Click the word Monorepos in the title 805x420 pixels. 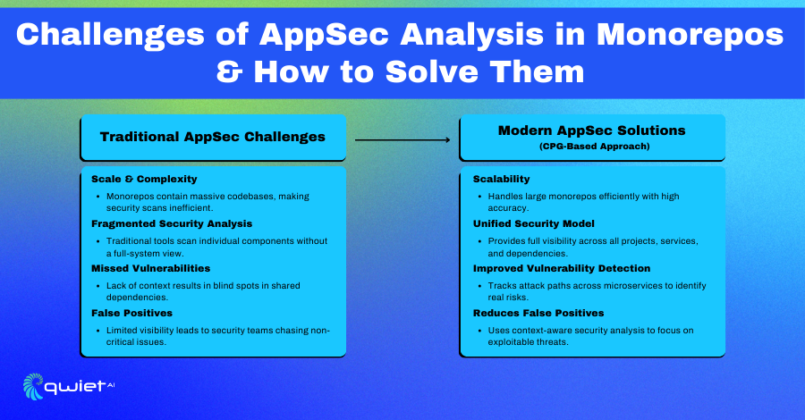(690, 36)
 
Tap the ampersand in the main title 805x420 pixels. (229, 71)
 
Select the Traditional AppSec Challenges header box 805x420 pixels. (213, 137)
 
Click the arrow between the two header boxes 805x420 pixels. (402, 139)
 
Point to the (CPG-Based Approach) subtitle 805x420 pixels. (595, 147)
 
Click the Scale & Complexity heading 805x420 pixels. (144, 179)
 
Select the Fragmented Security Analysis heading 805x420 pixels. (172, 223)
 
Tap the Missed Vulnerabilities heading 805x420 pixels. (151, 268)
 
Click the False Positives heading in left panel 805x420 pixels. (132, 313)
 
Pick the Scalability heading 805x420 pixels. (501, 179)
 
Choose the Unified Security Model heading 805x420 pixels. (534, 223)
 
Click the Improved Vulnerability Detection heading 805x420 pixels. (562, 268)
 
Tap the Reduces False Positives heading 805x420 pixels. (538, 313)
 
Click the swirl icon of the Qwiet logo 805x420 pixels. (33, 386)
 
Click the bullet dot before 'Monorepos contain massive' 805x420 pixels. (98, 197)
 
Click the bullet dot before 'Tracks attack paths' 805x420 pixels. (479, 286)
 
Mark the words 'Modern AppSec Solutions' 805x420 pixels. (592, 130)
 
